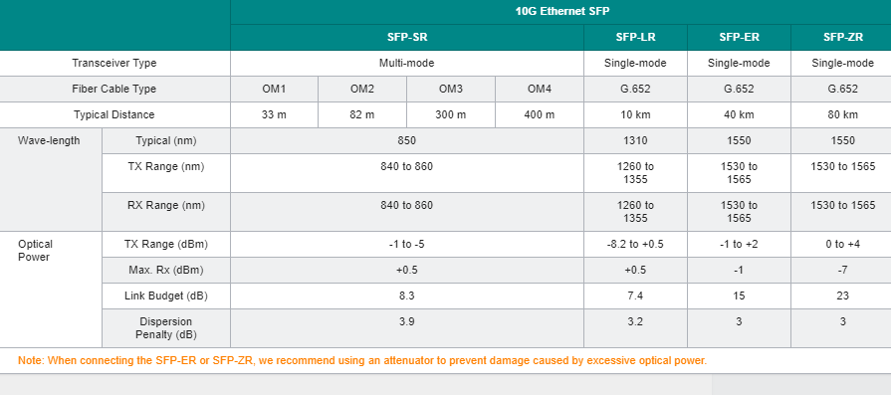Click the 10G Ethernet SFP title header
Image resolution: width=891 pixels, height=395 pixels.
[x=562, y=11]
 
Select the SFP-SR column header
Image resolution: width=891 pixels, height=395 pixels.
[x=407, y=38]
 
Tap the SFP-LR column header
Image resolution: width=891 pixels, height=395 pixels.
[x=635, y=38]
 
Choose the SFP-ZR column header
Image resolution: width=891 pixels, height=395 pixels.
[x=842, y=38]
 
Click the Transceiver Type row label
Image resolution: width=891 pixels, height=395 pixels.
[x=114, y=63]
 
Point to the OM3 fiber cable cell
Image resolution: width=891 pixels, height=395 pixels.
[x=451, y=90]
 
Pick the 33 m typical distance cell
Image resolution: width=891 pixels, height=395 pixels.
[x=274, y=114]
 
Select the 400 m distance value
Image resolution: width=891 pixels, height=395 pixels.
[x=539, y=114]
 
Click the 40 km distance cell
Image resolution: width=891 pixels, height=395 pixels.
[x=739, y=114]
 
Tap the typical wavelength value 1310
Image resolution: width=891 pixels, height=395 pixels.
[x=635, y=140]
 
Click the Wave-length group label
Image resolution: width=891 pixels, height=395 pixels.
[x=49, y=140]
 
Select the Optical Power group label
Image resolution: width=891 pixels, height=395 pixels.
[x=35, y=251]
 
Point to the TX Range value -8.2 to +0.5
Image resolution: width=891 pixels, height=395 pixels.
[x=635, y=244]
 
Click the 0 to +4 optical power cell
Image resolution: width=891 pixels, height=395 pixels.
[x=842, y=244]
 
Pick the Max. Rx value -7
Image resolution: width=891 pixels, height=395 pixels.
[x=842, y=271]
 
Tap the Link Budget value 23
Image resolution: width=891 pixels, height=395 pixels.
[x=842, y=296]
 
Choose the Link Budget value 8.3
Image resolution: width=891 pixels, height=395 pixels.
[x=407, y=296]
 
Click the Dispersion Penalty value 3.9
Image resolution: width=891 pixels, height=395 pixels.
[x=407, y=321]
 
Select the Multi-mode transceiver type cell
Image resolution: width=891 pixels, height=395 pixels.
[x=407, y=63]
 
